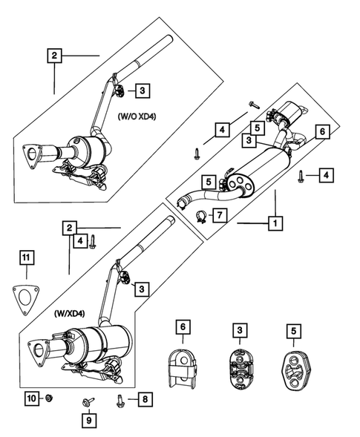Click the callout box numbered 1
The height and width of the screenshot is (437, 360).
click(x=275, y=222)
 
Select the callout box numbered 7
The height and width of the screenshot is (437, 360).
click(x=220, y=216)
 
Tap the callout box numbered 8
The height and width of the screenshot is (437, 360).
click(x=144, y=400)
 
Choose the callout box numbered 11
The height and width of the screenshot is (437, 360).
click(x=25, y=258)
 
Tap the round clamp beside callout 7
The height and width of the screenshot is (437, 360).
click(x=200, y=216)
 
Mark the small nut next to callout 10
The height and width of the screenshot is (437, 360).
click(x=47, y=399)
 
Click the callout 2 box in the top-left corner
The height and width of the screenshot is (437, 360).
click(x=54, y=54)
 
